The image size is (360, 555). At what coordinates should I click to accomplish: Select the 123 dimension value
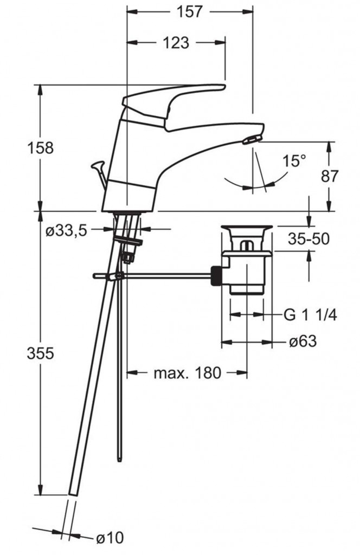(x=176, y=43)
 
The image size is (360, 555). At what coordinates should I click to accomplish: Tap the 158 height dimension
(x=40, y=147)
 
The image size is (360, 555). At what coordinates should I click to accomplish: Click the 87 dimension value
(x=330, y=176)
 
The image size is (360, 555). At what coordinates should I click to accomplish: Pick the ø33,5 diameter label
(x=66, y=231)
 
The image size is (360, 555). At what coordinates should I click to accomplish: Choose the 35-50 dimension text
(x=308, y=239)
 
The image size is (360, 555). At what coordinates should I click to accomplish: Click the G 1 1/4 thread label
(x=310, y=314)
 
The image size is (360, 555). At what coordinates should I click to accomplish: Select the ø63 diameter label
(x=303, y=341)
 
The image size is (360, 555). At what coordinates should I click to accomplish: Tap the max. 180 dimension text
(x=188, y=373)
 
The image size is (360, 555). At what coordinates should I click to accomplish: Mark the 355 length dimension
(x=40, y=353)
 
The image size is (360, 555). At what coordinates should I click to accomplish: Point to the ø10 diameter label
(x=110, y=538)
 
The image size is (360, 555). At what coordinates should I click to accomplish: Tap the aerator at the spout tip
(x=252, y=140)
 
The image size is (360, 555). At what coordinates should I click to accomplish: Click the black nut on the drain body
(x=216, y=276)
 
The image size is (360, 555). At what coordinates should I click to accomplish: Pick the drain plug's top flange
(x=246, y=228)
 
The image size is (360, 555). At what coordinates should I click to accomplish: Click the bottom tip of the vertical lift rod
(x=119, y=459)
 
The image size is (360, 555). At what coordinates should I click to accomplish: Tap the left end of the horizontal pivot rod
(x=94, y=276)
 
